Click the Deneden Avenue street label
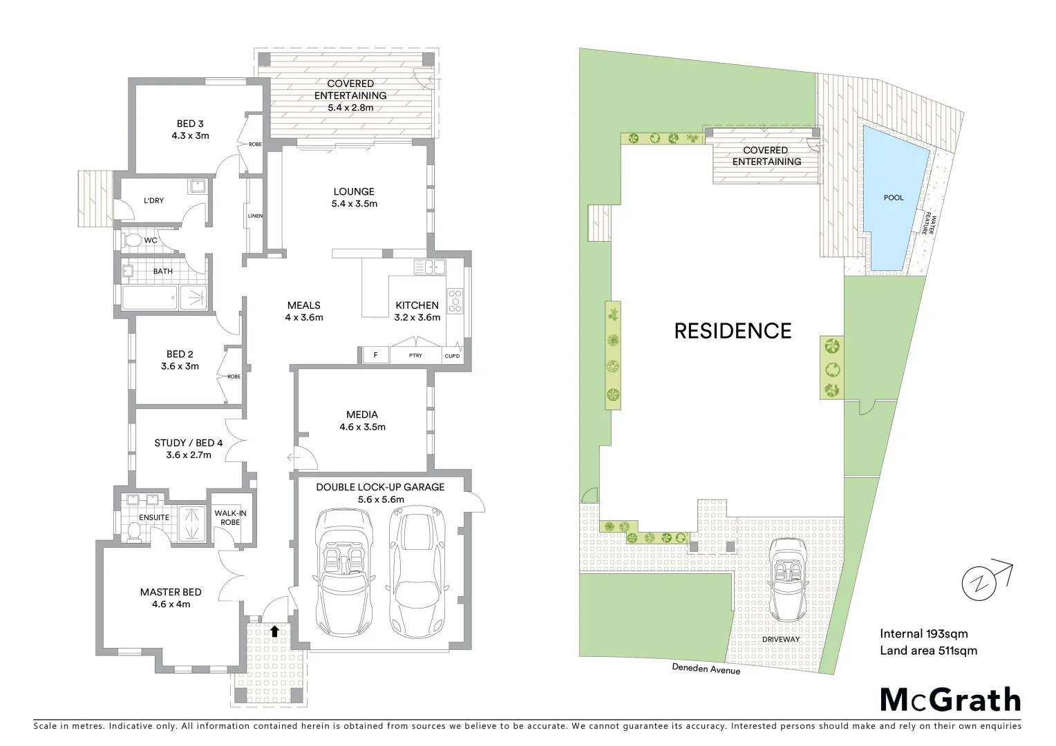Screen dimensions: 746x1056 706,669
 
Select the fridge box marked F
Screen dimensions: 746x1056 375,356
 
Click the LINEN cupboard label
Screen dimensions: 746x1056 255,216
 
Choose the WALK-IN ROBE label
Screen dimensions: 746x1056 230,517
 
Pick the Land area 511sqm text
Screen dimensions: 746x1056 928,650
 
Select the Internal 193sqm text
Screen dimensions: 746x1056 923,633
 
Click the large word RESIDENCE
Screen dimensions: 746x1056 733,331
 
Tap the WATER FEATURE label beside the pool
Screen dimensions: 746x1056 927,224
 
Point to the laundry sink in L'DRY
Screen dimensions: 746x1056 196,186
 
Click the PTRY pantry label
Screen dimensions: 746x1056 415,356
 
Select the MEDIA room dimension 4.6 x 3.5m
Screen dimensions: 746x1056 362,427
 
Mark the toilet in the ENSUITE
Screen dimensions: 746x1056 135,530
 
